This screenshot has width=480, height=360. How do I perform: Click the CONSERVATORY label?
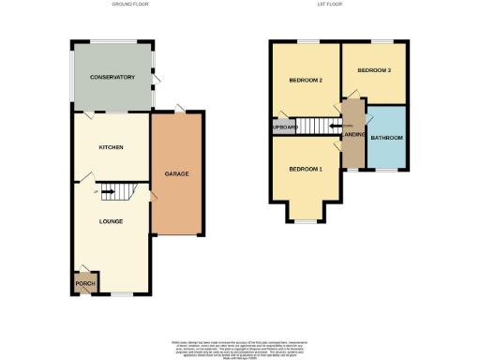click(112, 77)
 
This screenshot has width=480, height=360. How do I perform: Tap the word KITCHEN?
click(112, 147)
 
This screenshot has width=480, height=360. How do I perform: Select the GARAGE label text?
click(177, 174)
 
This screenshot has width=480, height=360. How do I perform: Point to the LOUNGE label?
click(112, 222)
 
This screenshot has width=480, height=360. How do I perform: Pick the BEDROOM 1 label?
click(306, 169)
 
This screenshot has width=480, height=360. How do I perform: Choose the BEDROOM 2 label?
click(306, 81)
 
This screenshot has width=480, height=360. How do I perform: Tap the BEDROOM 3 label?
click(374, 71)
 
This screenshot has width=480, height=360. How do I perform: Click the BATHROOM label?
click(386, 138)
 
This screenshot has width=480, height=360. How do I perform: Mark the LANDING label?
click(353, 135)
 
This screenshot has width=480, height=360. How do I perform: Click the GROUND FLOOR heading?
click(131, 5)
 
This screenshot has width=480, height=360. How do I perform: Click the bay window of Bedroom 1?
click(306, 220)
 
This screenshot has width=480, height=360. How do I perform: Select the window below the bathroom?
click(386, 169)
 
